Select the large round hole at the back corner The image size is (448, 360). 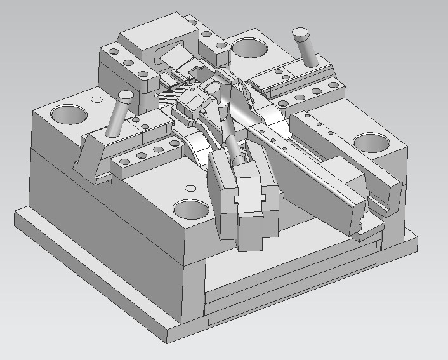click(251, 47)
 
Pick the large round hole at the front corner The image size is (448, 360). click(191, 209)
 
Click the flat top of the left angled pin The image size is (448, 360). click(124, 97)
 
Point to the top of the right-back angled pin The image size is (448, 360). click(300, 32)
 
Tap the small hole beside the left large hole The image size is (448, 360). click(96, 100)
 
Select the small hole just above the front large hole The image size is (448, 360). click(189, 188)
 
